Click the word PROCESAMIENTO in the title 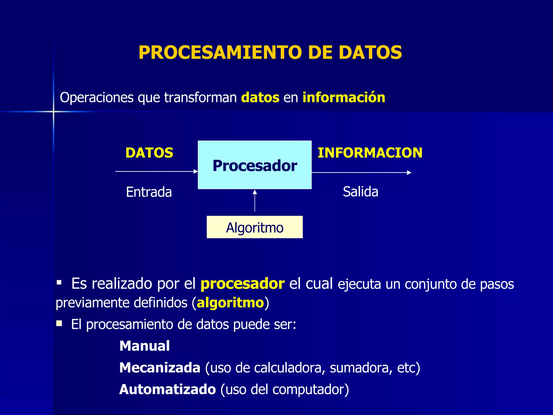point(220,52)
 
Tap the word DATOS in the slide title point(370,52)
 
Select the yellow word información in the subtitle point(343,98)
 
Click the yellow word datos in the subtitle point(260,98)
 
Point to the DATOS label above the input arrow point(149,153)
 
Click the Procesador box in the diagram point(255,165)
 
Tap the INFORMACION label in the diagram point(370,153)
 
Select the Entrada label point(149,192)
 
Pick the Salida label point(360,192)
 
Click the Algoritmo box point(255,227)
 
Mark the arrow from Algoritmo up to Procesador point(255,200)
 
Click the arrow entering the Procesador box point(157,171)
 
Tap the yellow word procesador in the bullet point(242,284)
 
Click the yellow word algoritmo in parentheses point(230,303)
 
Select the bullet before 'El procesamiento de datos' point(59,323)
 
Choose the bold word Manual point(144,346)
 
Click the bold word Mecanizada point(160,368)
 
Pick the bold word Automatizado point(167,389)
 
